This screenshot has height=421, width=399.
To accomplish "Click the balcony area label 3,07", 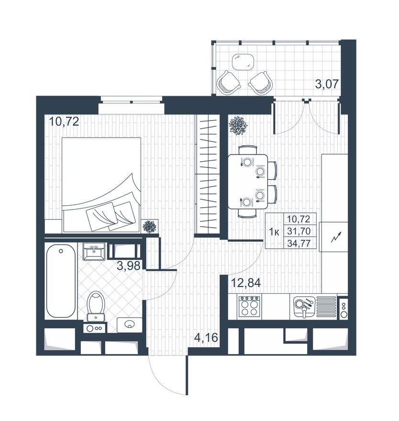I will point(327,85).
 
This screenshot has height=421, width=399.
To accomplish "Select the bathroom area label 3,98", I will point(128,266).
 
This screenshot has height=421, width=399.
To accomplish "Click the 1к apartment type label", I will point(274,232).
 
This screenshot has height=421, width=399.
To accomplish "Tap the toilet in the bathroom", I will point(96,305).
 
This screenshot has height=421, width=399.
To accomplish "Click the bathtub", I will point(60,281).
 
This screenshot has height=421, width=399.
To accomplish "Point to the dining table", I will point(247,181).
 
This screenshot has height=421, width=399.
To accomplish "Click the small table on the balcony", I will point(243,62).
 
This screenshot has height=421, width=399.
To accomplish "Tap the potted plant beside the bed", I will point(150,226).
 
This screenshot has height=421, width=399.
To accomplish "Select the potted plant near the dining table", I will point(238,125).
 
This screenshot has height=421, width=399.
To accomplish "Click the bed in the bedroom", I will point(101,185).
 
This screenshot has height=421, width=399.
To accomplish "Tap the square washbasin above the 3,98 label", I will point(94,251).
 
